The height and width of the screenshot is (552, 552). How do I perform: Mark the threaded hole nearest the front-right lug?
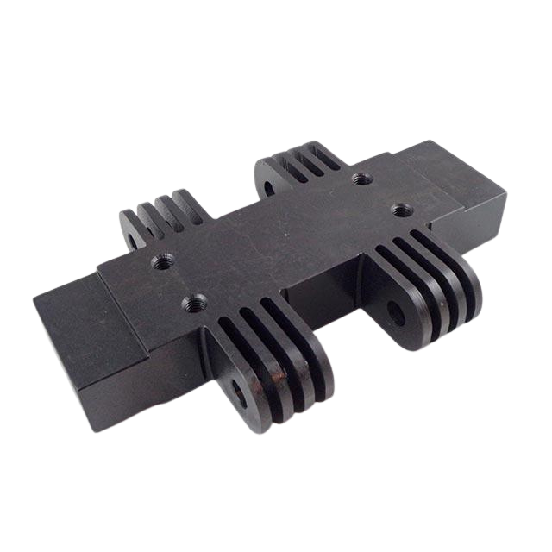pos(398,208)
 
